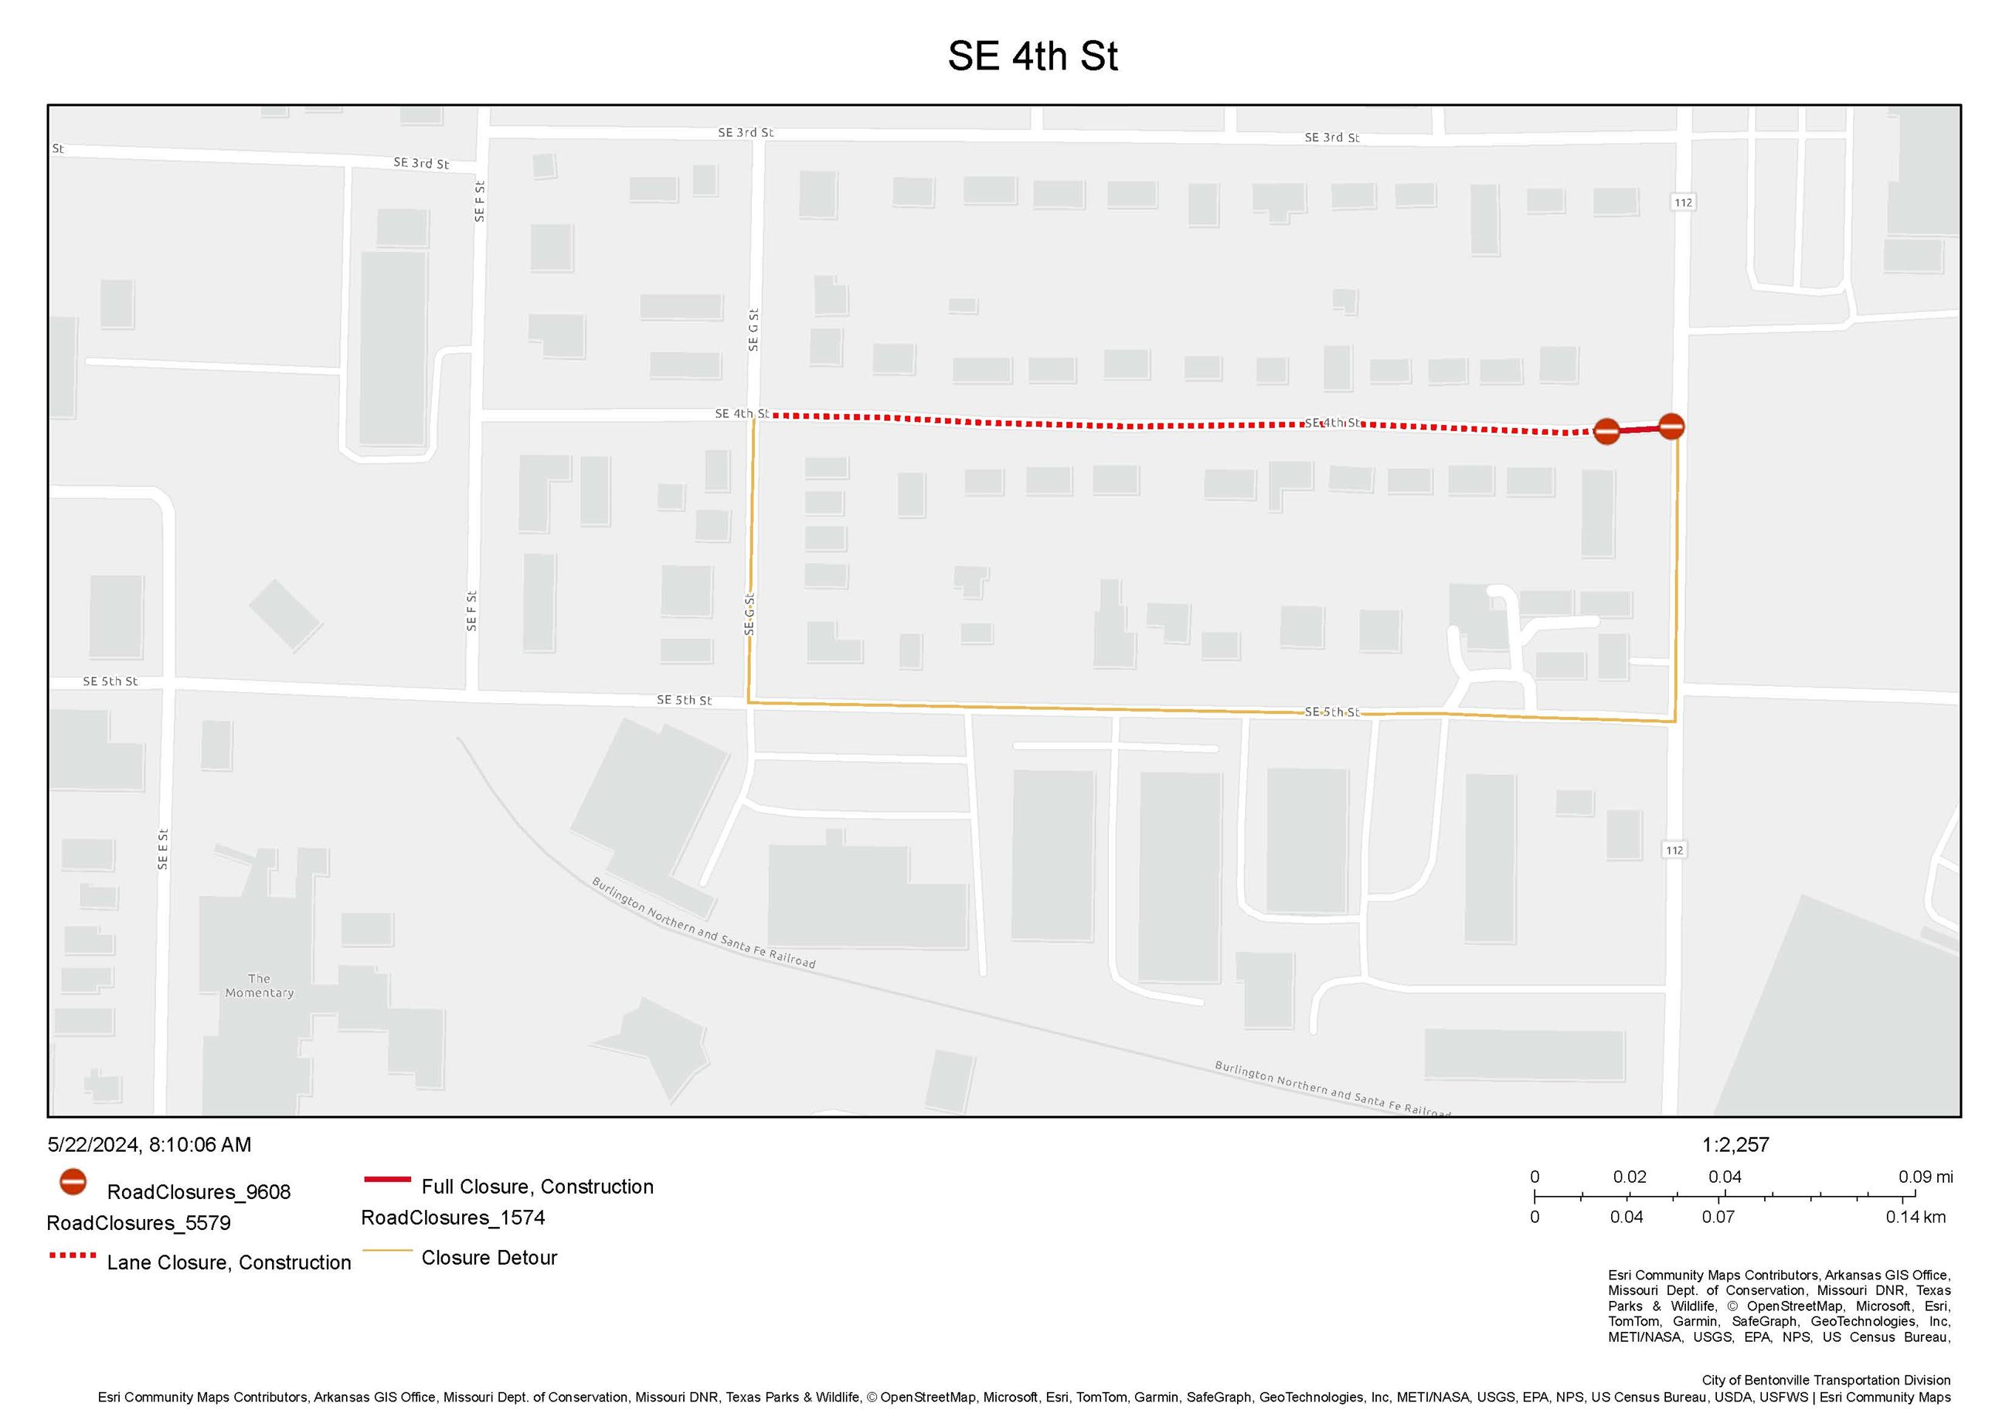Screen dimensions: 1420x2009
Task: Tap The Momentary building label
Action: click(x=259, y=985)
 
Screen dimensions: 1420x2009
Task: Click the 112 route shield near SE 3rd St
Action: click(x=1683, y=203)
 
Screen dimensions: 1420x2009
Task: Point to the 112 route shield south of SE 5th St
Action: click(x=1674, y=851)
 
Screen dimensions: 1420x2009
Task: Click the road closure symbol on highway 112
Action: click(x=1671, y=426)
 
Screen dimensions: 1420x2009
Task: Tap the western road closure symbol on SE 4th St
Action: click(x=1606, y=430)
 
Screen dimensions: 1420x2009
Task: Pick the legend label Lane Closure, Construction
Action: click(x=229, y=1262)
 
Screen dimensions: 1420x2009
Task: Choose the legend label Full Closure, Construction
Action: click(x=537, y=1187)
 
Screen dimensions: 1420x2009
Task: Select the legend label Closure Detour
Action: click(x=489, y=1257)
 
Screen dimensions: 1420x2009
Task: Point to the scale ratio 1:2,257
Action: click(x=1735, y=1144)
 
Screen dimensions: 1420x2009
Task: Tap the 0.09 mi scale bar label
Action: click(x=1925, y=1177)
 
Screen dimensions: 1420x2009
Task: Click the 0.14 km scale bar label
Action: click(x=1916, y=1217)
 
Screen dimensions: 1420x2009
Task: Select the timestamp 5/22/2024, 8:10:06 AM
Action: click(x=150, y=1144)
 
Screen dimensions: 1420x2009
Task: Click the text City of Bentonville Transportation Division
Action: click(x=1825, y=1381)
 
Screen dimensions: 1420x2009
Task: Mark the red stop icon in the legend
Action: click(x=73, y=1183)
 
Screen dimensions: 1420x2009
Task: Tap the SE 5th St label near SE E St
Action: click(x=110, y=681)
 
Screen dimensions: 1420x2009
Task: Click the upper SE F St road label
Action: click(x=480, y=201)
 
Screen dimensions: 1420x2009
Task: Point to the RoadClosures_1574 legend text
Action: click(x=454, y=1218)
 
